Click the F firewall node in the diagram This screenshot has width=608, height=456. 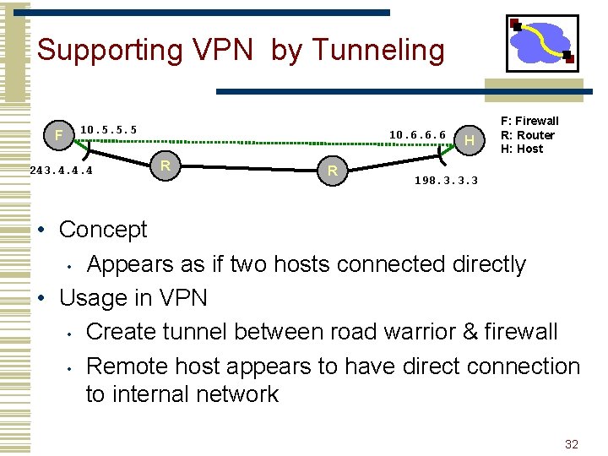pos(57,135)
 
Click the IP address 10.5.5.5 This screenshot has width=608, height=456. pos(108,129)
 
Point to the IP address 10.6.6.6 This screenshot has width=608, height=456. pos(417,134)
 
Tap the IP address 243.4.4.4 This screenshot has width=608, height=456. pos(60,170)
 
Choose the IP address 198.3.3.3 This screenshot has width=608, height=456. pos(446,181)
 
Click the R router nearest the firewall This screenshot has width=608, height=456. pos(166,164)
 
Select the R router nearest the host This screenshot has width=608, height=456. pos(333,171)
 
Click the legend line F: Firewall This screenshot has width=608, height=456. pos(529,121)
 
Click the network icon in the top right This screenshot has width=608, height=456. pos(542,43)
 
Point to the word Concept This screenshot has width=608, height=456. pos(103,230)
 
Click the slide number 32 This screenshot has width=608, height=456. pos(572,444)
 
